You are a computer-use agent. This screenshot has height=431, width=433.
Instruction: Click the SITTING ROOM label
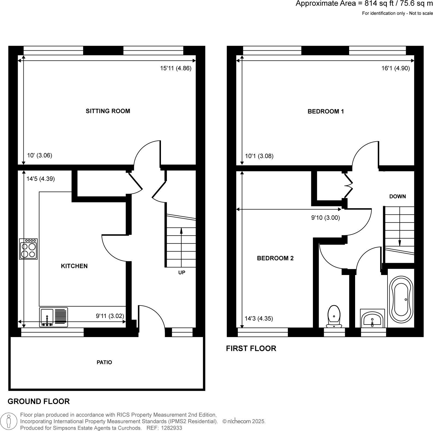tap(108, 111)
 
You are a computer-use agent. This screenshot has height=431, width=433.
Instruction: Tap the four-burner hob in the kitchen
tap(28, 249)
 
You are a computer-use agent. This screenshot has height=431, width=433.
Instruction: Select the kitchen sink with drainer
tap(54, 317)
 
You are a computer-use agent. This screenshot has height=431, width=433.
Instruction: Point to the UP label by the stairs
tap(182, 273)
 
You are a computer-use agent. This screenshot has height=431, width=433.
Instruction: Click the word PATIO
tap(104, 362)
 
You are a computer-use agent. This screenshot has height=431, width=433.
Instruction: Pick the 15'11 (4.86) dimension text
tap(176, 68)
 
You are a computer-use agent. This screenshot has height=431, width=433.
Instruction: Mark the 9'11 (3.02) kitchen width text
tap(110, 316)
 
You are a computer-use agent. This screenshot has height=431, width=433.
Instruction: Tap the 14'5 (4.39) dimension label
tap(41, 179)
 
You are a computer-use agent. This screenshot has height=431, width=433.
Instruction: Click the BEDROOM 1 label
tap(326, 111)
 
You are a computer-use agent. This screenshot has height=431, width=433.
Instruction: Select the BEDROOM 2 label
tap(275, 258)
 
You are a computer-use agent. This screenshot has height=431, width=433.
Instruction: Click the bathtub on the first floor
tap(402, 299)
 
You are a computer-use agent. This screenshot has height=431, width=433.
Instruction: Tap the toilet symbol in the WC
tap(334, 317)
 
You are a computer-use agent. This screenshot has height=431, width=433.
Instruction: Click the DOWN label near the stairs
tap(397, 196)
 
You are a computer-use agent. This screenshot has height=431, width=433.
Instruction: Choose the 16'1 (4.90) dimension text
tap(395, 68)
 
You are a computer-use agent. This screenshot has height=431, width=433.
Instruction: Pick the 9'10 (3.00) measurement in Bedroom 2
tap(325, 218)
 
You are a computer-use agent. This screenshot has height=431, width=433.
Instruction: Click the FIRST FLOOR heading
tap(251, 349)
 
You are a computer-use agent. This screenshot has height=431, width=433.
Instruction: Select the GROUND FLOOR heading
tap(39, 401)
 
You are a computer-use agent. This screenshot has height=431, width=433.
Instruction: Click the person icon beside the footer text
tap(9, 421)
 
